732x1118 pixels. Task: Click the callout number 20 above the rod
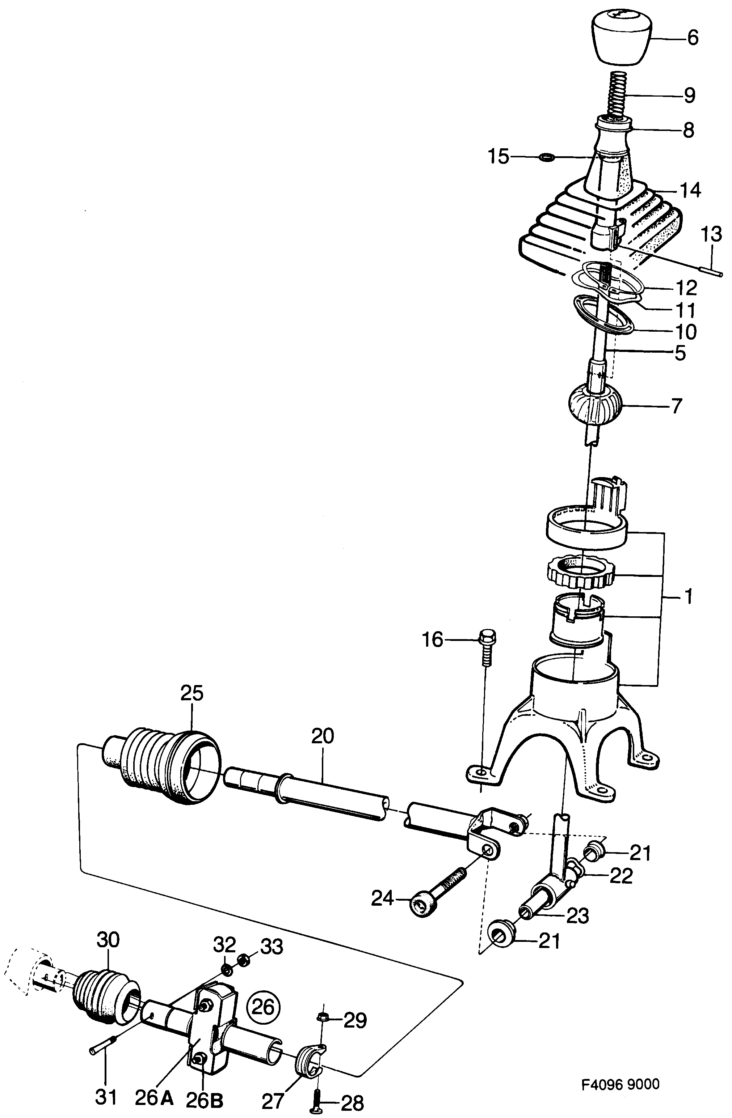coord(323,736)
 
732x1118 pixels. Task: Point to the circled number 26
coord(263,1007)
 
